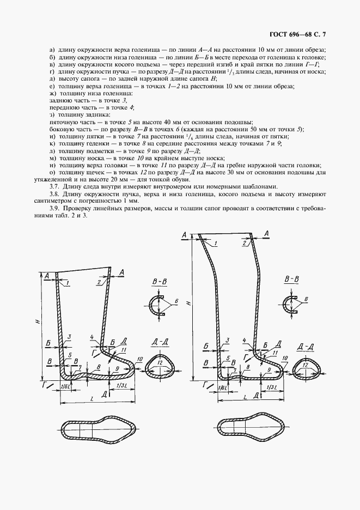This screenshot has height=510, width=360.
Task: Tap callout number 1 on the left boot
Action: coord(67,283)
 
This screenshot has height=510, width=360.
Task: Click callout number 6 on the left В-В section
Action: coord(177,301)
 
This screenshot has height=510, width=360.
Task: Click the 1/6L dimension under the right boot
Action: coord(223,387)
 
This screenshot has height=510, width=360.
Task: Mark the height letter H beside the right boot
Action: coord(187,302)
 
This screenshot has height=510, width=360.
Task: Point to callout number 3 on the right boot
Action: coord(227,339)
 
